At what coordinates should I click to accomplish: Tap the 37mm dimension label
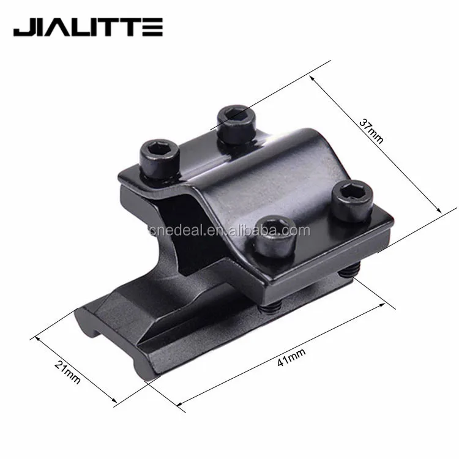coord(371,131)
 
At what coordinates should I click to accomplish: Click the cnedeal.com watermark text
coord(229,231)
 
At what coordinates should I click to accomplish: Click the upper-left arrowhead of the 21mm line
coord(35,336)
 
